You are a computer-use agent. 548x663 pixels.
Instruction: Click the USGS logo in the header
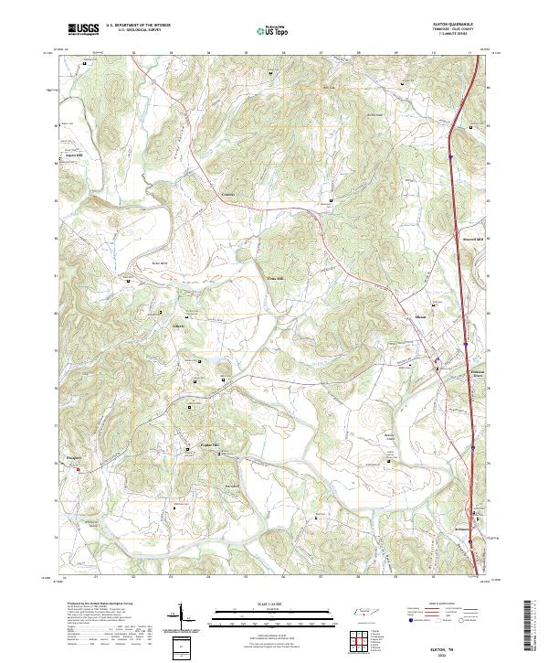[83, 29]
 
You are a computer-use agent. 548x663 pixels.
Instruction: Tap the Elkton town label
[421, 317]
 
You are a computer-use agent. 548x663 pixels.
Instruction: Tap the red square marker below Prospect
[79, 470]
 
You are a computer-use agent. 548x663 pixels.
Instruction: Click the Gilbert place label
[179, 325]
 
